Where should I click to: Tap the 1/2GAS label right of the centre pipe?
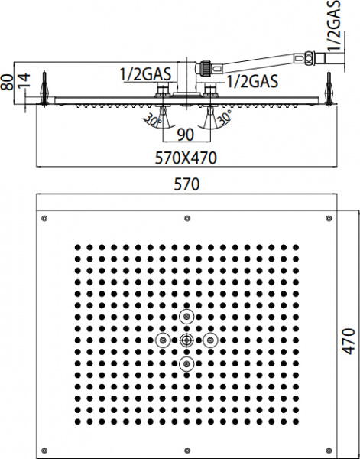(251, 80)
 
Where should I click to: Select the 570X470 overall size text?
(185, 158)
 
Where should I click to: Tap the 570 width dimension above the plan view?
(185, 184)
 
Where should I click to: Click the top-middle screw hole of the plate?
(186, 220)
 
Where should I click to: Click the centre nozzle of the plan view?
(186, 340)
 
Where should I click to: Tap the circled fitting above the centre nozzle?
(186, 317)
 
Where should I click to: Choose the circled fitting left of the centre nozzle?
(161, 340)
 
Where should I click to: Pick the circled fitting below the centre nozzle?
(186, 364)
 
